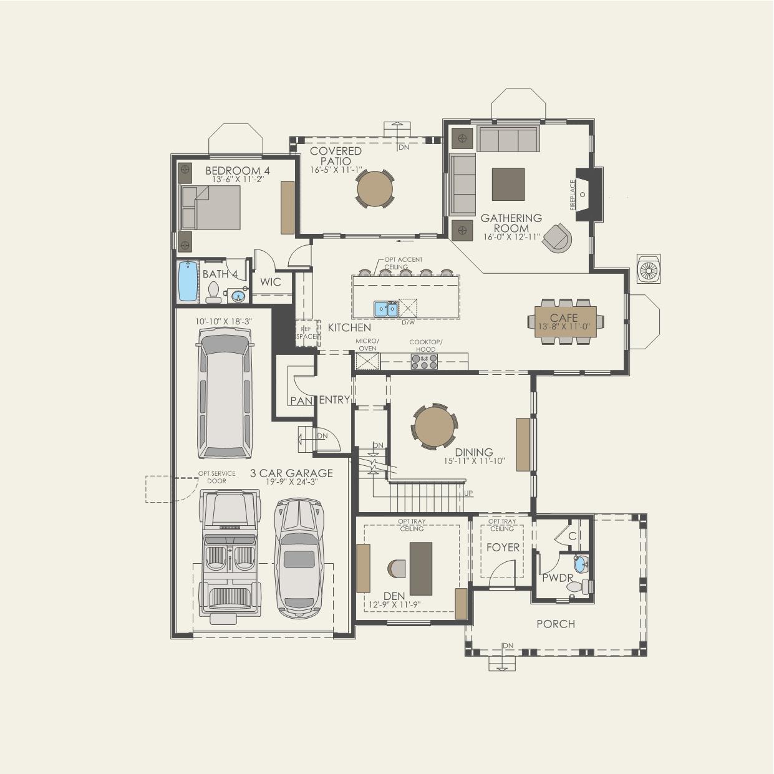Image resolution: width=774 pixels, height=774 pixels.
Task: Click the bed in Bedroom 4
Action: (x=210, y=208)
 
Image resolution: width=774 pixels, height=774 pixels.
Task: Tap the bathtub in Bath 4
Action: (x=186, y=281)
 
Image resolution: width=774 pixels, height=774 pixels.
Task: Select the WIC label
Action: (x=271, y=282)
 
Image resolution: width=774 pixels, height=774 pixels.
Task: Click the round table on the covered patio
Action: (x=375, y=188)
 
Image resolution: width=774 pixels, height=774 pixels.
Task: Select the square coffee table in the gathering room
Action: (x=508, y=184)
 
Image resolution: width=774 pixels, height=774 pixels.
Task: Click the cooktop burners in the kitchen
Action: (x=424, y=362)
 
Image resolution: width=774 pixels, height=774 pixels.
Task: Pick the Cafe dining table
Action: (x=564, y=321)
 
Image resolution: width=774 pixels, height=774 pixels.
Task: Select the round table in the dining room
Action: (x=433, y=427)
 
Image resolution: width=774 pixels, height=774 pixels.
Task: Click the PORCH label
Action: (x=555, y=624)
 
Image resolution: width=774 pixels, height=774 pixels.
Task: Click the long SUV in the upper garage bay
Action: (x=226, y=393)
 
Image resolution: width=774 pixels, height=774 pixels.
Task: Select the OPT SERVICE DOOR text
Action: (x=216, y=477)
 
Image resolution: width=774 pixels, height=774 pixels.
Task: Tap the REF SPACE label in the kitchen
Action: (x=306, y=332)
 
